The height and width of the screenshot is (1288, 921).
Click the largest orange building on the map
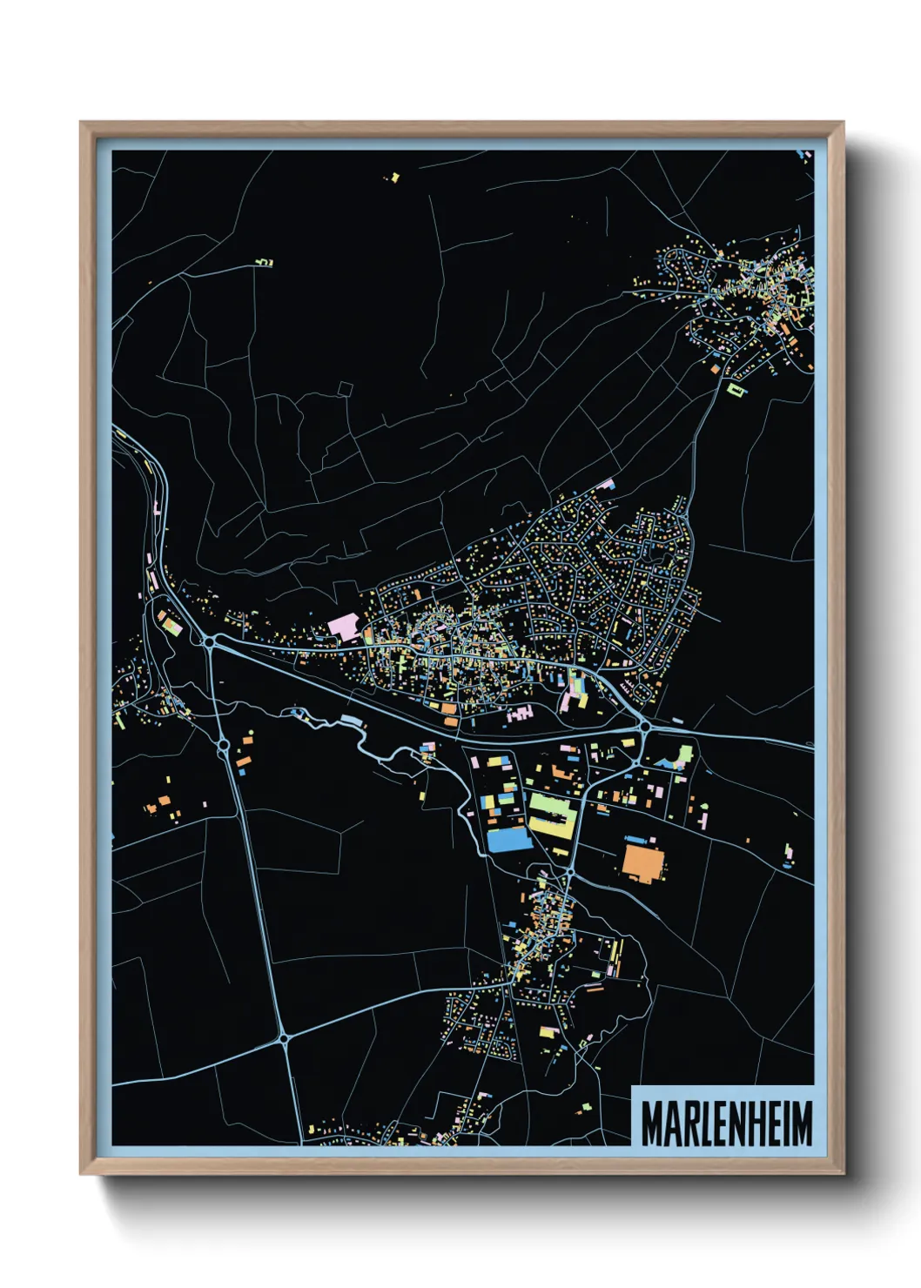click(644, 862)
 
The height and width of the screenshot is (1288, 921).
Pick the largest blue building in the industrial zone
click(508, 839)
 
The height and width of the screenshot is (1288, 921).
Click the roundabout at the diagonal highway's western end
click(211, 642)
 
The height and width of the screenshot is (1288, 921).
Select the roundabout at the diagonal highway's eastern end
click(645, 725)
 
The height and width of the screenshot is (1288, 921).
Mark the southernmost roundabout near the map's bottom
click(284, 1037)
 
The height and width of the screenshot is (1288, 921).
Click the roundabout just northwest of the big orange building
click(570, 870)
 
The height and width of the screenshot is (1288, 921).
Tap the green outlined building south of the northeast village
click(736, 389)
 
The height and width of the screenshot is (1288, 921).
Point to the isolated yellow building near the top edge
click(394, 178)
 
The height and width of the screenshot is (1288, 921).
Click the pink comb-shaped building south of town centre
click(520, 714)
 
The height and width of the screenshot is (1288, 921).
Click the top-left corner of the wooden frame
click(82, 124)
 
